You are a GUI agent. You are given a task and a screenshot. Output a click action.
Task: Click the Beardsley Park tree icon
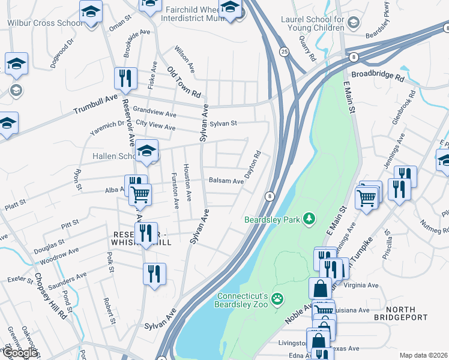310,218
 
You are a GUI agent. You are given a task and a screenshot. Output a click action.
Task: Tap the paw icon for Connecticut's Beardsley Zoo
277,298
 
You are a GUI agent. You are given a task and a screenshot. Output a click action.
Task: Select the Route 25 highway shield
284,53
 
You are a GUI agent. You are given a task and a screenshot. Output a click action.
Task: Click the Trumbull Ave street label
96,106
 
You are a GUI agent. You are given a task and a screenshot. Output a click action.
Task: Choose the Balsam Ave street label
226,181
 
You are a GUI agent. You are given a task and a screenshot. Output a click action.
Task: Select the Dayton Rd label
253,165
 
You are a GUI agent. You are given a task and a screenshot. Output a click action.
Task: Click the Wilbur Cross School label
44,23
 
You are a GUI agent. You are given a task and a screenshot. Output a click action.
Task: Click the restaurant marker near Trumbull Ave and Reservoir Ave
126,79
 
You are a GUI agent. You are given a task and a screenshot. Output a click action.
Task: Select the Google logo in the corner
20,353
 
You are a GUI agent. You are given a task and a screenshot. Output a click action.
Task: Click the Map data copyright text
423,355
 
